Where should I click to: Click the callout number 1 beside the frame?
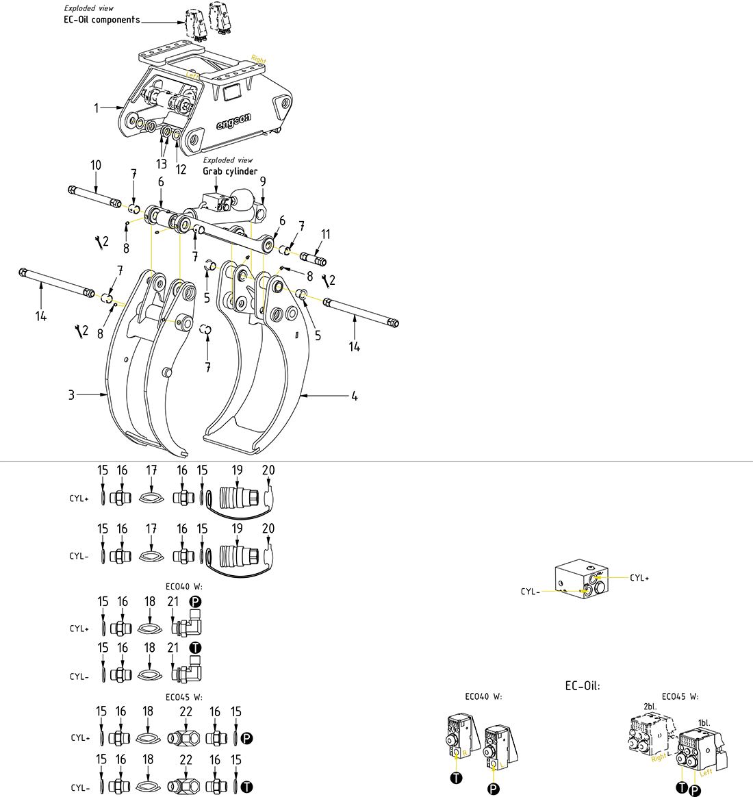[97, 107]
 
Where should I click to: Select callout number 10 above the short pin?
[96, 165]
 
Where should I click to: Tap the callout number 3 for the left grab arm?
[71, 395]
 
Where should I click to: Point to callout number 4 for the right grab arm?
[354, 396]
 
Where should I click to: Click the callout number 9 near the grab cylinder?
[263, 181]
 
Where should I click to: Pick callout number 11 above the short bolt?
[325, 234]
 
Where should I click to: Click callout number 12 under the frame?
[181, 169]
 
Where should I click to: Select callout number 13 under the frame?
[162, 164]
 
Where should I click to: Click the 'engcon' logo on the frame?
[234, 123]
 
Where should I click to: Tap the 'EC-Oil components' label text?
[101, 20]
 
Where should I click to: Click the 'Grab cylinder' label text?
[230, 171]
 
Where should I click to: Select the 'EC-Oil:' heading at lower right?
[582, 685]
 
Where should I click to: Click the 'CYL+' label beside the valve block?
[639, 578]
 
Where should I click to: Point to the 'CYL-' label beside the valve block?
[530, 591]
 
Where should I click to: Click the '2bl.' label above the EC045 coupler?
[650, 706]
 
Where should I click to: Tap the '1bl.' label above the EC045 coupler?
[704, 722]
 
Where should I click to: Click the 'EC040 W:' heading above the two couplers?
[483, 696]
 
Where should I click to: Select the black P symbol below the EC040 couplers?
[493, 789]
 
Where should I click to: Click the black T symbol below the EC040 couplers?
[457, 777]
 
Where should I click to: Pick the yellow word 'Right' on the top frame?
[259, 60]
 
